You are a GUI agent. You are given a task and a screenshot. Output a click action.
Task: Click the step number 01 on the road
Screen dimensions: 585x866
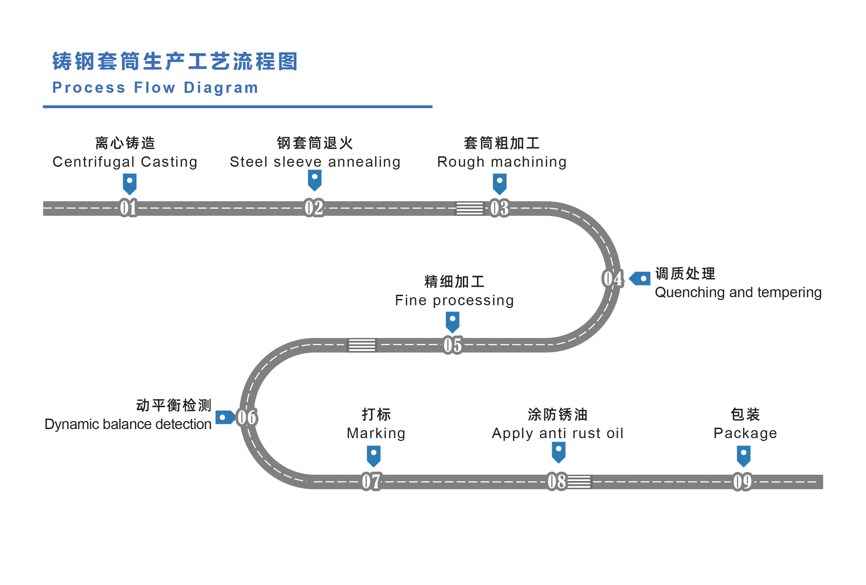[x=128, y=208]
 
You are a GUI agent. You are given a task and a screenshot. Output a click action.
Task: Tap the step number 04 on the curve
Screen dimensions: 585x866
[x=613, y=278]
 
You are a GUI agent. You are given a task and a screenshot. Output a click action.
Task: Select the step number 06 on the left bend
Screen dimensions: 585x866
[x=247, y=418]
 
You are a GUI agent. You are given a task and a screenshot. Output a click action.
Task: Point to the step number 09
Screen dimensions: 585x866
[x=742, y=482]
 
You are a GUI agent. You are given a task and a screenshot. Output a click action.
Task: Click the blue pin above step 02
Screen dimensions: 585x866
[x=314, y=180]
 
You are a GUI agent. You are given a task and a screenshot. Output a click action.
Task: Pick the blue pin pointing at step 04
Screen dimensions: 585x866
[x=640, y=278]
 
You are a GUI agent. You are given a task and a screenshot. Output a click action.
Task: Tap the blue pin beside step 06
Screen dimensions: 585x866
[x=225, y=418]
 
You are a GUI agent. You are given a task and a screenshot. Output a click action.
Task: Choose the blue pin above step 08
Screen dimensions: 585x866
[x=558, y=452]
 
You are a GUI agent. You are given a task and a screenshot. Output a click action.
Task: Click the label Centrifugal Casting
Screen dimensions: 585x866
[x=125, y=162]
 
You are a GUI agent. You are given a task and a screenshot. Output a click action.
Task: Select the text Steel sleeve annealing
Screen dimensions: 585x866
[x=315, y=162]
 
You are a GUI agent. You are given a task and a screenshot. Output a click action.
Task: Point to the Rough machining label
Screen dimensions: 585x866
[x=502, y=162]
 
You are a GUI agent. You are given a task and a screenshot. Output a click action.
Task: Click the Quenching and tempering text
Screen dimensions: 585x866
[x=738, y=292]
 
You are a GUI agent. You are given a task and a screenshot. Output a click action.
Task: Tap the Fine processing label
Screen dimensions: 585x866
[x=454, y=300]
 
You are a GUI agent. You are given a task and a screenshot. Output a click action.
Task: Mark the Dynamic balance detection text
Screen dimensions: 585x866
[x=128, y=424]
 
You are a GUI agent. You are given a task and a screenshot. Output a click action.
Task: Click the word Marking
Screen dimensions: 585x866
[x=376, y=433]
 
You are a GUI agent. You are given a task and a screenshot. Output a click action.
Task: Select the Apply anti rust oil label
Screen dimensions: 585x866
[x=557, y=433]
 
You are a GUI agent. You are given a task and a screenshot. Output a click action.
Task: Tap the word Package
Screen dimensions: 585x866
[x=745, y=433]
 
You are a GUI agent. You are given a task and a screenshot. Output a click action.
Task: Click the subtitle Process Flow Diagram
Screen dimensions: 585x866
[x=155, y=88]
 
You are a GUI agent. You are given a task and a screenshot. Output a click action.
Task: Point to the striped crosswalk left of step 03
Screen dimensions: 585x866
[x=469, y=208]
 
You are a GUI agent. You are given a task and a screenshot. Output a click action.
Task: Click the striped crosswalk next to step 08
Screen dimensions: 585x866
[x=579, y=482]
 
